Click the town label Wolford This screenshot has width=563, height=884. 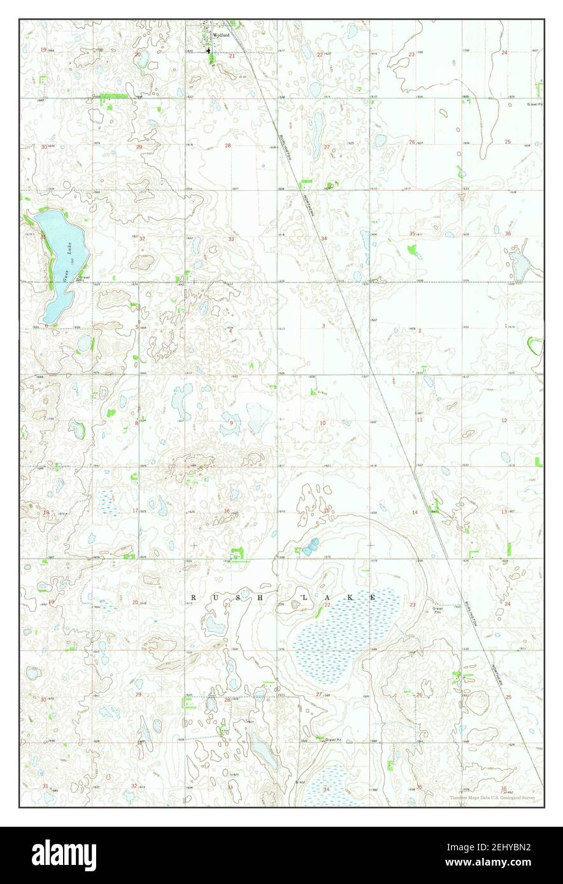pyautogui.click(x=222, y=36)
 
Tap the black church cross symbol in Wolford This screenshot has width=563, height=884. pyautogui.click(x=210, y=50)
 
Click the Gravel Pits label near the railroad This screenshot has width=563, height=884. pyautogui.click(x=438, y=610)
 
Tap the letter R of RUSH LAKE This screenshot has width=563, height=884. pyautogui.click(x=194, y=597)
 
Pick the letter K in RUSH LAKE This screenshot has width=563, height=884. pyautogui.click(x=350, y=597)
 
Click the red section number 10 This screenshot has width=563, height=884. pyautogui.click(x=323, y=423)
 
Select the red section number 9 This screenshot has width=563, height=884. pyautogui.click(x=231, y=423)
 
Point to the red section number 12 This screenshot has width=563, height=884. pyautogui.click(x=504, y=420)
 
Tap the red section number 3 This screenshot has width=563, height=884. pyautogui.click(x=324, y=326)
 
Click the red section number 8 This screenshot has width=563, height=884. pyautogui.click(x=136, y=423)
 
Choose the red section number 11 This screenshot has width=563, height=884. pyautogui.click(x=420, y=420)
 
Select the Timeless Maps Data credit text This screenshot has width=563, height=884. pyautogui.click(x=492, y=798)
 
